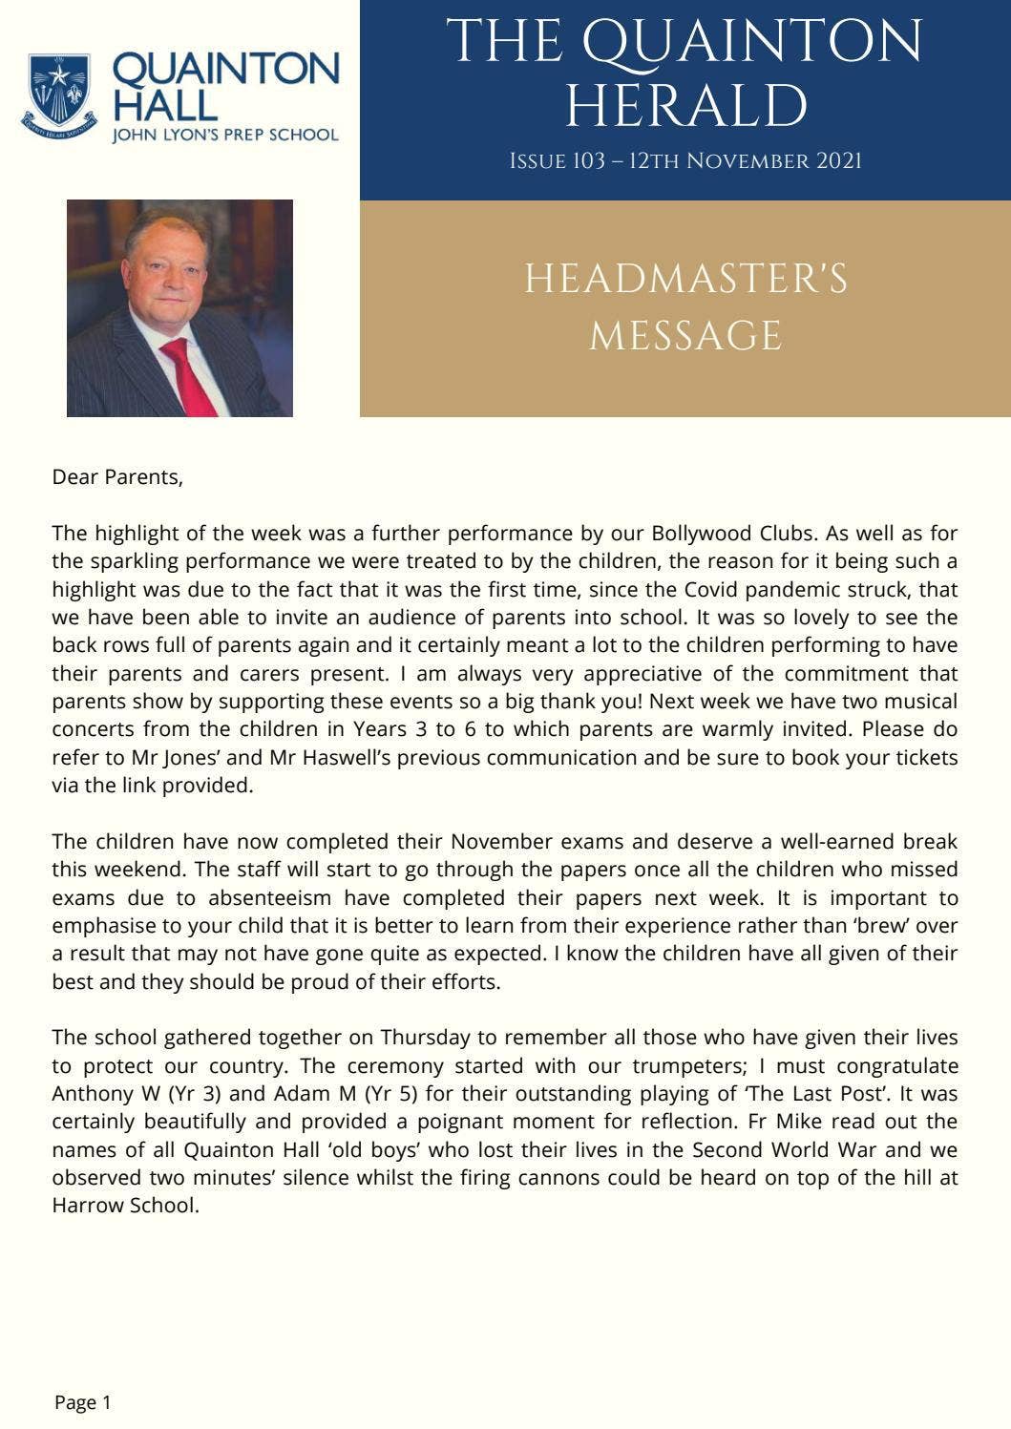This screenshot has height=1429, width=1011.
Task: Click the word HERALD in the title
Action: point(685,105)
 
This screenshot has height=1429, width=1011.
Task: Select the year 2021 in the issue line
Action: point(838,161)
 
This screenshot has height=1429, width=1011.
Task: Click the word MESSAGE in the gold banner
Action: point(685,336)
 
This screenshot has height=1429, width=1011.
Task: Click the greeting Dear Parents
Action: point(116,477)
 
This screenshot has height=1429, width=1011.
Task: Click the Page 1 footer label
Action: point(83,1402)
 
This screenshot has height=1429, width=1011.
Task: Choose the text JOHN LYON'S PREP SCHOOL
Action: point(225,136)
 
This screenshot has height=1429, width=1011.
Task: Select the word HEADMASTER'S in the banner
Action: point(685,280)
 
